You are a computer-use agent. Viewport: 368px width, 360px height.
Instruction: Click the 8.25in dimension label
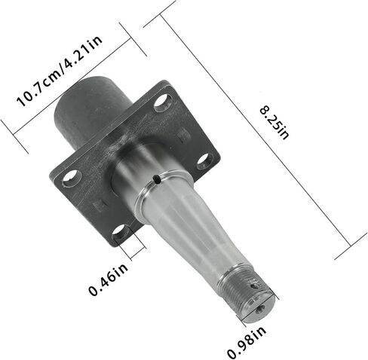click(x=274, y=123)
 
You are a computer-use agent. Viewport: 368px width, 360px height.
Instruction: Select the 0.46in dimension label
click(x=108, y=279)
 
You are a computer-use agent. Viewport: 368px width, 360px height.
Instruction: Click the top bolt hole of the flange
click(x=163, y=102)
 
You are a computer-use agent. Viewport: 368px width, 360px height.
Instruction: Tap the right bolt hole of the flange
click(x=205, y=161)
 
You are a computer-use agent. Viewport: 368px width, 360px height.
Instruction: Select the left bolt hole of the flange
click(x=72, y=178)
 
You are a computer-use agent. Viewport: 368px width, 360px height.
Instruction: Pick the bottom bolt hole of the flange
click(x=121, y=233)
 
